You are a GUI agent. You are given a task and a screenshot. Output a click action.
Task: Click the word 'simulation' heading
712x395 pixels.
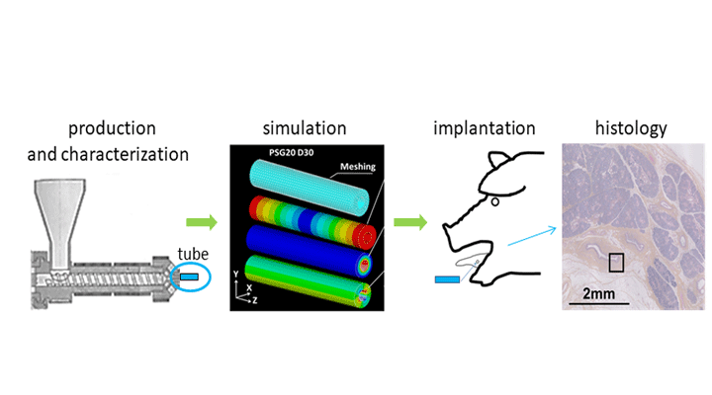click(304, 128)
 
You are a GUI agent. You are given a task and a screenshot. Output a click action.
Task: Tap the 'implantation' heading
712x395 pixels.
click(485, 128)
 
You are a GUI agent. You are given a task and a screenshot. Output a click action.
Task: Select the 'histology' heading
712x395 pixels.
click(630, 128)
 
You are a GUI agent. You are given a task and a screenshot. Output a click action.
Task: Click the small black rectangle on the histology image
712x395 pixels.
click(616, 261)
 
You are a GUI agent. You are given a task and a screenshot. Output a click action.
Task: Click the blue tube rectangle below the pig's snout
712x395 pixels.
click(448, 279)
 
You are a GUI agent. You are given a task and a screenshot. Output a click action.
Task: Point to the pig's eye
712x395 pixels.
click(493, 204)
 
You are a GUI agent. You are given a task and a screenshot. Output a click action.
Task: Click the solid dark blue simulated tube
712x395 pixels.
click(307, 244)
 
